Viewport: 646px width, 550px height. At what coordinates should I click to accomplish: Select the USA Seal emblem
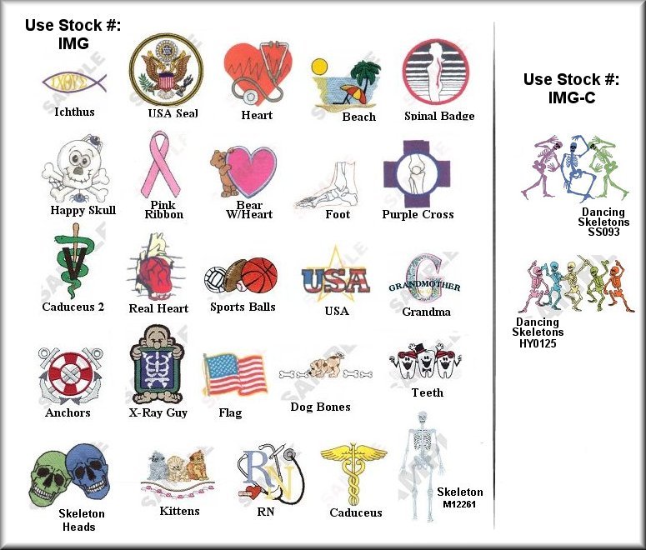165,71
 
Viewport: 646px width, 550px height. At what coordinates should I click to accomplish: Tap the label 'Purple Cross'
418,214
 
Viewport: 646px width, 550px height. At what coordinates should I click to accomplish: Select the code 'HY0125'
538,343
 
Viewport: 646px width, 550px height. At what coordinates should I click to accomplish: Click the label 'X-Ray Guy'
158,412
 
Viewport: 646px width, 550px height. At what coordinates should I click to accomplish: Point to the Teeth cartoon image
425,362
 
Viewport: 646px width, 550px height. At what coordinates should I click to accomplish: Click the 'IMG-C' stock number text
571,97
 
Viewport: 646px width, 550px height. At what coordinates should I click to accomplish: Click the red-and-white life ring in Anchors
69,371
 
